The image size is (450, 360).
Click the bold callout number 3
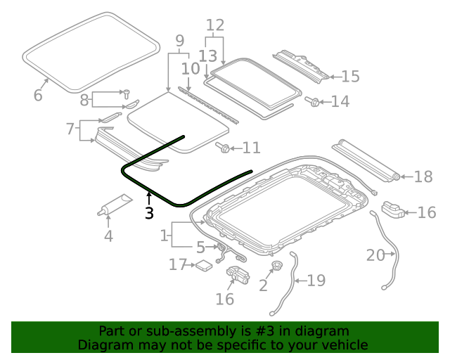click(148, 212)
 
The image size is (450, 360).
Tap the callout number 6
click(38, 95)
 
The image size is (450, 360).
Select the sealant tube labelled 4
click(114, 207)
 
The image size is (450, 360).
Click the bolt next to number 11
click(224, 148)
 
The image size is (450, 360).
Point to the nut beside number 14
click(311, 102)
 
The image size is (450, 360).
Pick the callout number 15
click(350, 77)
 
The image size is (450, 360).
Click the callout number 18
click(423, 176)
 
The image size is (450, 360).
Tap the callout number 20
click(375, 255)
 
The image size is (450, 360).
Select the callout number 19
click(316, 281)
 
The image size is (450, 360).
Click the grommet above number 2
click(276, 266)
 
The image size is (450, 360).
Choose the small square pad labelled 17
click(204, 265)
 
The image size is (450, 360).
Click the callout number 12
click(214, 26)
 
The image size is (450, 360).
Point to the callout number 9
click(179, 41)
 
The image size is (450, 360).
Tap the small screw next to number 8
click(126, 92)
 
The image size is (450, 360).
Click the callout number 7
click(70, 129)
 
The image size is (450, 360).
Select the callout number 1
click(165, 235)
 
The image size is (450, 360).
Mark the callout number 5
click(201, 247)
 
